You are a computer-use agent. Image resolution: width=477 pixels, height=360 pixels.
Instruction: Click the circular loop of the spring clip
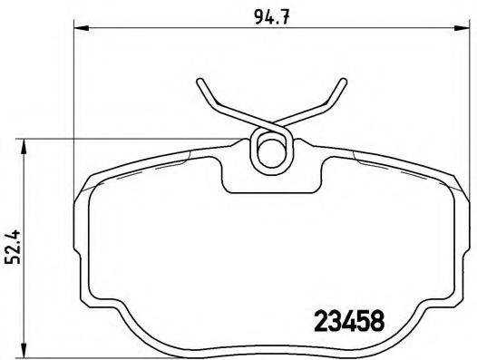coord(270,149)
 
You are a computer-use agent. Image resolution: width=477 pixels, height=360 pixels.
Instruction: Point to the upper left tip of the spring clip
coord(200,84)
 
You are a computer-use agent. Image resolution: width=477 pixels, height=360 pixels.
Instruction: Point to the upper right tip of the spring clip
coord(343,83)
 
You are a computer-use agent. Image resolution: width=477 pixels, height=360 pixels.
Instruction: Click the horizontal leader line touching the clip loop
coord(136,138)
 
